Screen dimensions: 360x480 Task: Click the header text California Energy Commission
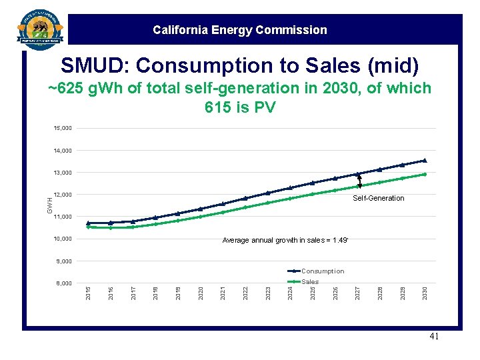tap(239, 30)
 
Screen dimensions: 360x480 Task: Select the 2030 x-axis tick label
tap(425, 292)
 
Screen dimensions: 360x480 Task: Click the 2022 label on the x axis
tap(245, 292)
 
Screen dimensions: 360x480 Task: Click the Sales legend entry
tap(310, 282)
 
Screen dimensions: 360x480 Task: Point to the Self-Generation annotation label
tap(378, 198)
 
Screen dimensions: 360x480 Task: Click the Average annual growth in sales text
tap(285, 241)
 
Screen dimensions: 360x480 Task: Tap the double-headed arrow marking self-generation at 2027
tap(359, 181)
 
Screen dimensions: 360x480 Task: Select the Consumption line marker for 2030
tap(424, 160)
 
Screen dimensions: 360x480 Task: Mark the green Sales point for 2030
tap(424, 174)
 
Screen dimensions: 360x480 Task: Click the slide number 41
tap(434, 337)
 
